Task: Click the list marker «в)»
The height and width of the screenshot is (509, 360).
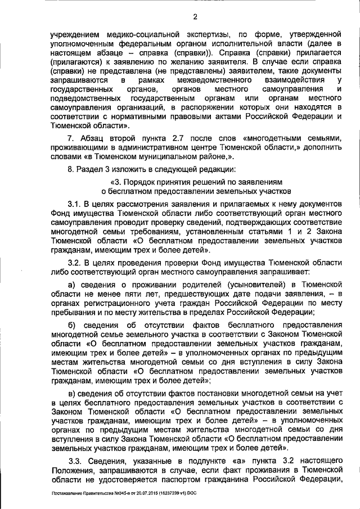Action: [71, 393]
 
